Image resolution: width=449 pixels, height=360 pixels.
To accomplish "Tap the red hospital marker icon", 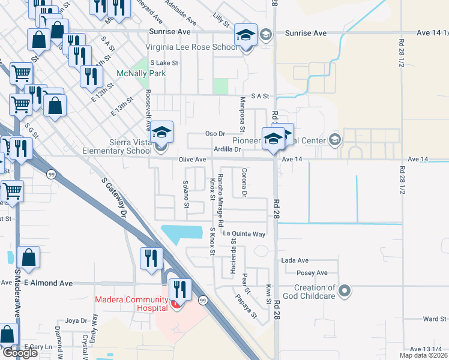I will click(175, 305).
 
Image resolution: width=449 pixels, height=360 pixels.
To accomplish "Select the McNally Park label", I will click(140, 74).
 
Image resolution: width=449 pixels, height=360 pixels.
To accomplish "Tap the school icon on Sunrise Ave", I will click(246, 35).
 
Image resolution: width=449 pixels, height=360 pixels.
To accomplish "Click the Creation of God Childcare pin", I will click(344, 292).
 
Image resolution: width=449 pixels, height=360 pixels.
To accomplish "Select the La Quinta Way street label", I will click(244, 234).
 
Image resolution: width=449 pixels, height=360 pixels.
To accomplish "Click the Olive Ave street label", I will click(192, 160).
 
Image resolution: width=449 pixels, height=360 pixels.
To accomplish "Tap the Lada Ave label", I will click(295, 260).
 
